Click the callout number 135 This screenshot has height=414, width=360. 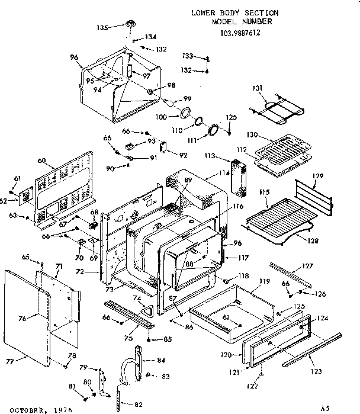point(102,27)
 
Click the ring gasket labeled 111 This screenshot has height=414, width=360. point(213,130)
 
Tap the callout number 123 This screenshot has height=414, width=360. point(316,371)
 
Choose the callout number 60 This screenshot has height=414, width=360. point(41,161)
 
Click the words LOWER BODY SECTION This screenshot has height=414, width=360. point(234,12)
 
